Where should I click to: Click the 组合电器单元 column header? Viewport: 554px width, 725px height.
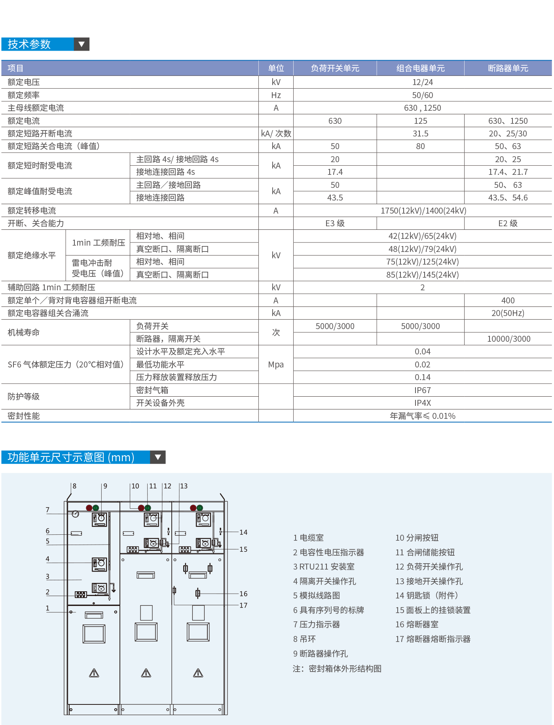point(420,68)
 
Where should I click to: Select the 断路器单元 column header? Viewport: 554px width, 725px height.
point(508,68)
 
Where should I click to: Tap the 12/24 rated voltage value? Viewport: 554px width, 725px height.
point(422,82)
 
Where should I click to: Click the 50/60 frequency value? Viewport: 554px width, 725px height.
point(422,95)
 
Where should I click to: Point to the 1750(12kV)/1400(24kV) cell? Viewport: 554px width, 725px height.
point(423,211)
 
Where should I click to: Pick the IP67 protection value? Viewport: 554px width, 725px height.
point(422,390)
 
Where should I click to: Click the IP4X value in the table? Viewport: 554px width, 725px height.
point(422,403)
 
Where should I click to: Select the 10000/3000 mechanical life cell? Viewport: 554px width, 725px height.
point(508,339)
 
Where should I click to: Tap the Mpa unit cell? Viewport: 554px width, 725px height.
point(276,365)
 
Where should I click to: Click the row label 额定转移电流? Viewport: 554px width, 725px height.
point(32,211)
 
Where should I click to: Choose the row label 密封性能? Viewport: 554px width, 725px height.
point(24,416)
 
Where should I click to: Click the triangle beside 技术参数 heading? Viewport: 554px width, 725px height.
point(82,44)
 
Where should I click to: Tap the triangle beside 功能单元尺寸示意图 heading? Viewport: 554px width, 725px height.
point(158,457)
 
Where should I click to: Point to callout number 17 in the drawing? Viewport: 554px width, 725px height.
point(243,606)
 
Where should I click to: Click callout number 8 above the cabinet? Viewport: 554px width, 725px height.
point(74,486)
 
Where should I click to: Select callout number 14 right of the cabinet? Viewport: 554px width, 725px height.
point(243,532)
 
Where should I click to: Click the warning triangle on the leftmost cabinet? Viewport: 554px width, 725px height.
point(94,673)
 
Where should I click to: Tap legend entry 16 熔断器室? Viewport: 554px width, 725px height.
point(417,625)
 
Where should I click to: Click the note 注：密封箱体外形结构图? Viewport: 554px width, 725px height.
point(337,669)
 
